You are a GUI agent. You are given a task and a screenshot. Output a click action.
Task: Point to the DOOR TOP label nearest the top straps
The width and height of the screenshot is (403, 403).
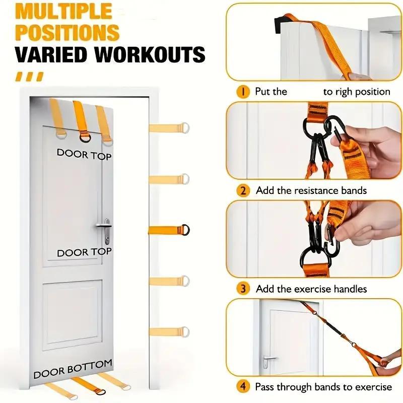(x=84, y=154)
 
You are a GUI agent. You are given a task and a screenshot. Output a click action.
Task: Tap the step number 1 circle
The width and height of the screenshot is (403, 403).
(x=243, y=91)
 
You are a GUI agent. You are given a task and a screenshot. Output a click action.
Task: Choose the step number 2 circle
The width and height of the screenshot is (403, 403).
(x=243, y=190)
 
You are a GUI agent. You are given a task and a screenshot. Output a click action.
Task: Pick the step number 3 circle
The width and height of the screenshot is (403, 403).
(x=243, y=289)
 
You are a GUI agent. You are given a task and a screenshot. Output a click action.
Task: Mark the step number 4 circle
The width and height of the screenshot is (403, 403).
(x=243, y=387)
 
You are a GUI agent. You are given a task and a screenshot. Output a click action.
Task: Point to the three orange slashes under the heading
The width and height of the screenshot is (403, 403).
(x=29, y=77)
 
